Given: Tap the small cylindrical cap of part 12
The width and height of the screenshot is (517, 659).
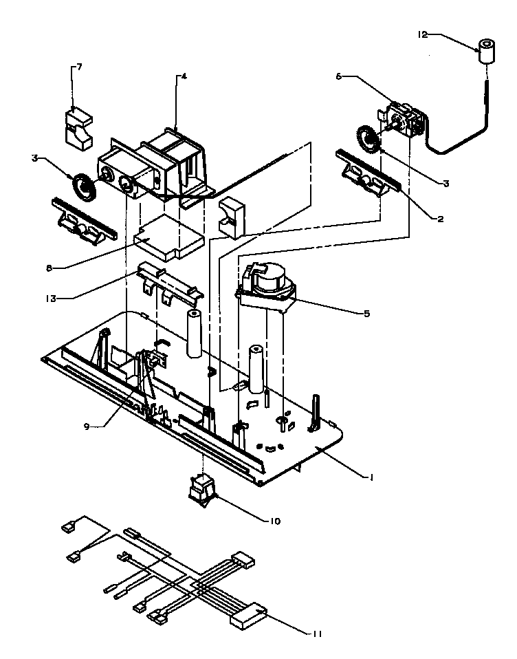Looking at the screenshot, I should [x=487, y=52].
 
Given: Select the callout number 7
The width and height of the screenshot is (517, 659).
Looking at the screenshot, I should [x=78, y=67].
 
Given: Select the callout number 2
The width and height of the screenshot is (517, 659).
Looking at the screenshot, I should [x=439, y=219].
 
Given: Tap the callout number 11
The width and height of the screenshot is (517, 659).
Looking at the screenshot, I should [x=316, y=633].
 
